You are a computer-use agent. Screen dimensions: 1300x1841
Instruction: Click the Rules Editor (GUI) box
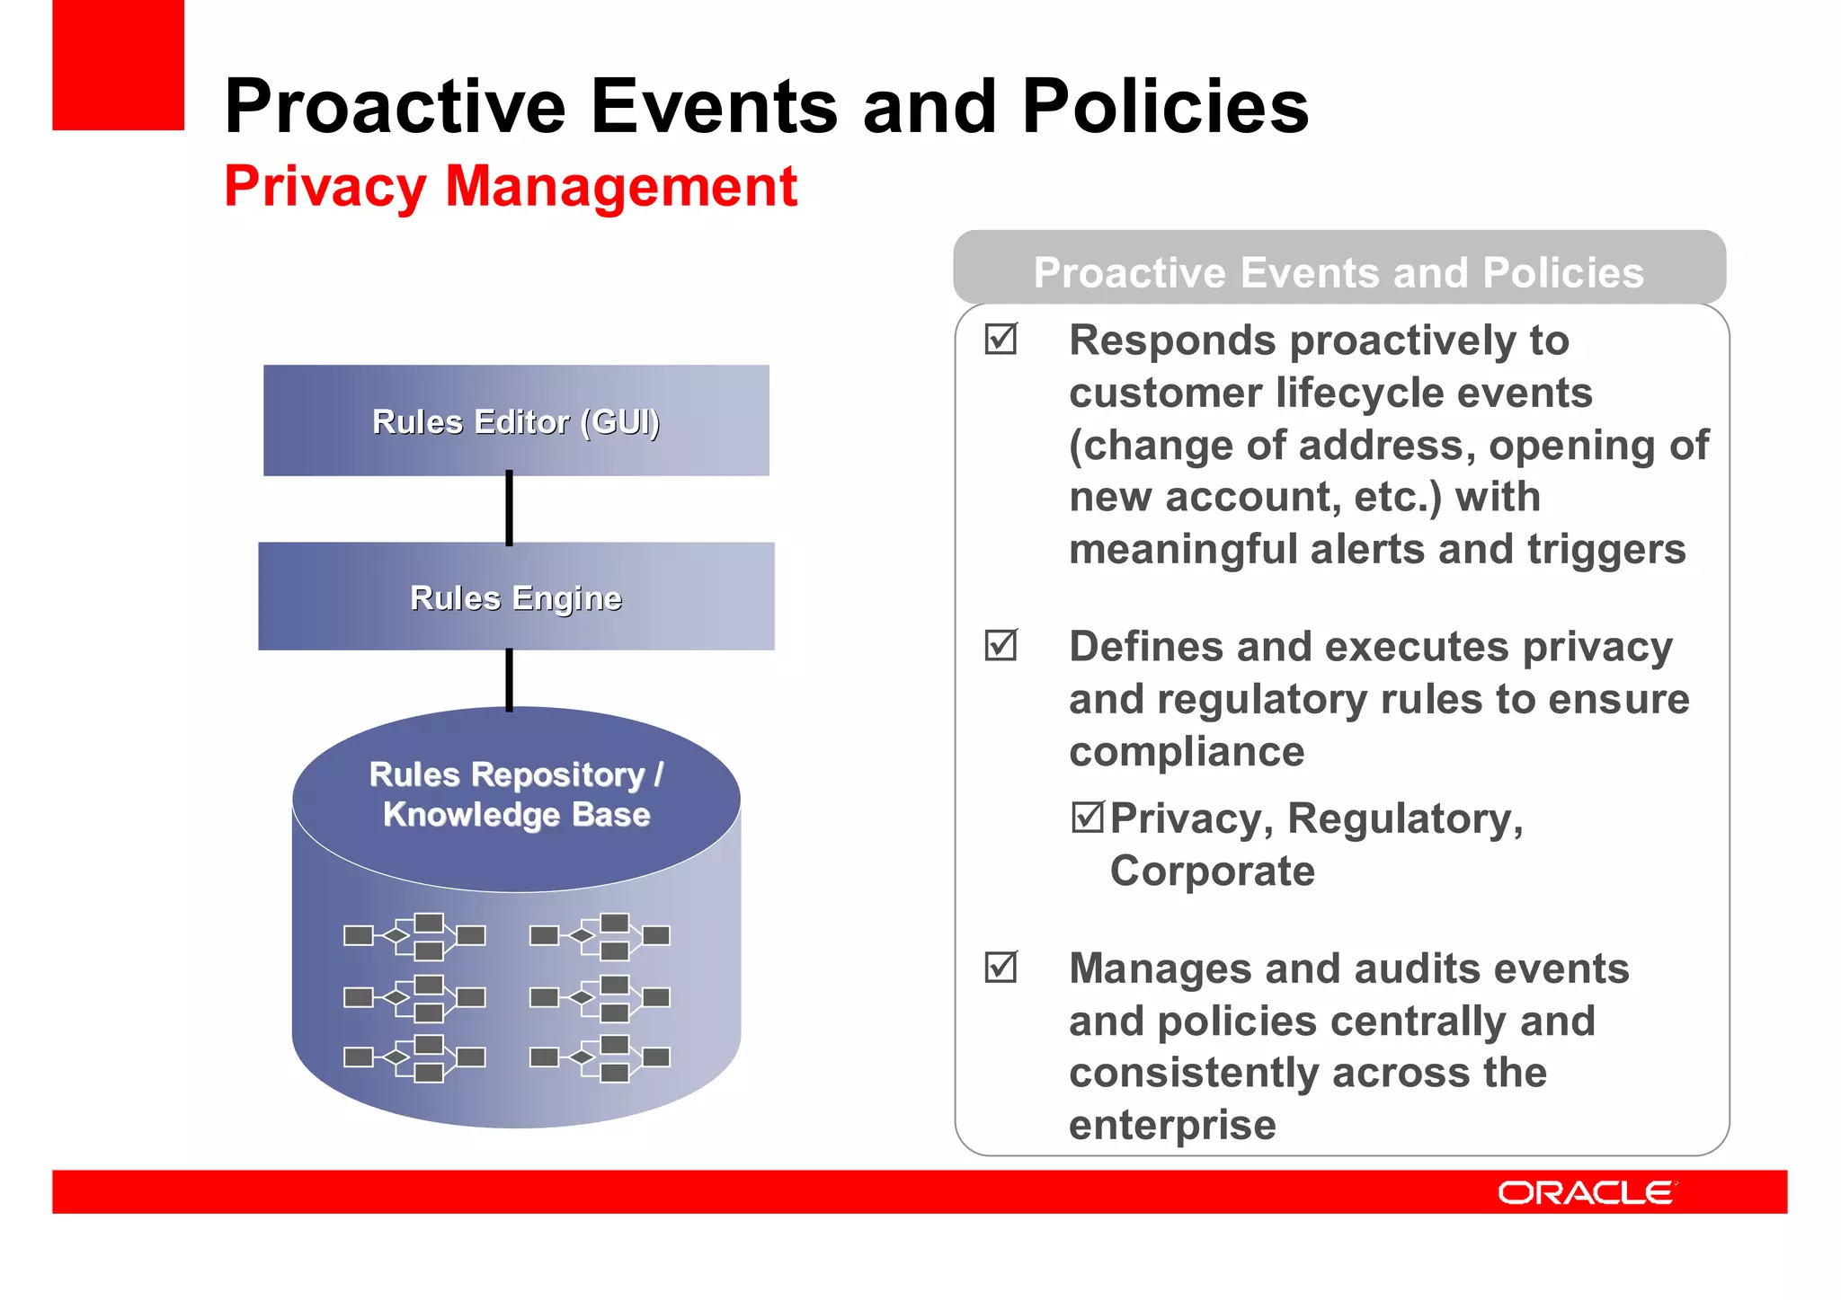(516, 420)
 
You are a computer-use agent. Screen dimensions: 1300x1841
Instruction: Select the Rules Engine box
(516, 597)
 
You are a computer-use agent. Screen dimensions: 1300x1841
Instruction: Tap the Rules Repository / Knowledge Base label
(516, 794)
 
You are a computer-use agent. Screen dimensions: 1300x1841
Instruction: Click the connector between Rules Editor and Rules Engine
(510, 509)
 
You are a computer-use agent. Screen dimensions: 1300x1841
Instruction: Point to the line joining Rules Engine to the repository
(510, 679)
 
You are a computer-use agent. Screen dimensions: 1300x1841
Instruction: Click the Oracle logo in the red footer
(1586, 1192)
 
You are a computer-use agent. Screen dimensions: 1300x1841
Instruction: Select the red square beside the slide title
(118, 65)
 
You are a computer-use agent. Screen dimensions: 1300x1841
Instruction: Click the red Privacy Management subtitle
(510, 186)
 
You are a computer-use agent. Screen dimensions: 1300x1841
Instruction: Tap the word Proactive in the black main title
(395, 106)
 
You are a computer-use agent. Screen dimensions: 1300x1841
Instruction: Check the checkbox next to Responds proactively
(1001, 340)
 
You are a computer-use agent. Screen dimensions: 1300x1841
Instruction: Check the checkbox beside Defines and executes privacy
(1001, 645)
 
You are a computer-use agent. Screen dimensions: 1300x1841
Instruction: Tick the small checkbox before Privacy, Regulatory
(1087, 817)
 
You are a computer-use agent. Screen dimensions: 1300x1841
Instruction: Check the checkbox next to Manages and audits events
(1001, 968)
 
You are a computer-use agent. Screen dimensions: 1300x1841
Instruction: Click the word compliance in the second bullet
(1187, 751)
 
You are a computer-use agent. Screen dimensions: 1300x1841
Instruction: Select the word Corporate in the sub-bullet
(1212, 871)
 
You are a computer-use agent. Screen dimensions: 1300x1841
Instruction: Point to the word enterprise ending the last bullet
(1172, 1125)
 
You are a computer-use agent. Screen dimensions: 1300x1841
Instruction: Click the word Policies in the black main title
(1165, 106)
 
